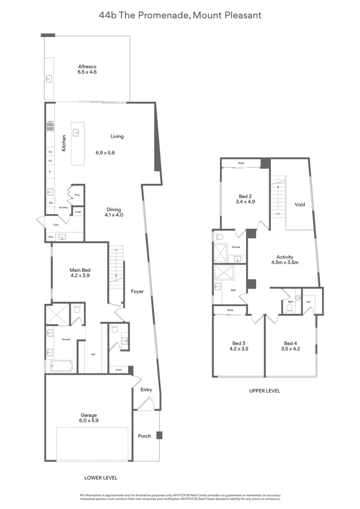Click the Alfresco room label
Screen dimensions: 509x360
87,66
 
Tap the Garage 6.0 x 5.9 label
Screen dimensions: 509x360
89,415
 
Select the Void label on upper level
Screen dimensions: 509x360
300,205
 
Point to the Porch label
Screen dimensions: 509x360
145,436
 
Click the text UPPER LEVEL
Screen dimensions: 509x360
264,391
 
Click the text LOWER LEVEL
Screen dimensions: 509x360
101,477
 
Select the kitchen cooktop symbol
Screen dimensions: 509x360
49,126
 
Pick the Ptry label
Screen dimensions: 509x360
77,195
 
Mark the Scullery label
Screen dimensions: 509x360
64,207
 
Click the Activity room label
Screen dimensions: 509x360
285,257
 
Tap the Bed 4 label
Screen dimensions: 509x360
290,343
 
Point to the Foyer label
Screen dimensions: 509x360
137,292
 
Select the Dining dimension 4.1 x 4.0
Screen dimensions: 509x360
114,215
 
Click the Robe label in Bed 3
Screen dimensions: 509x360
230,310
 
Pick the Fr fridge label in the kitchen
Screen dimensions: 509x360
49,172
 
